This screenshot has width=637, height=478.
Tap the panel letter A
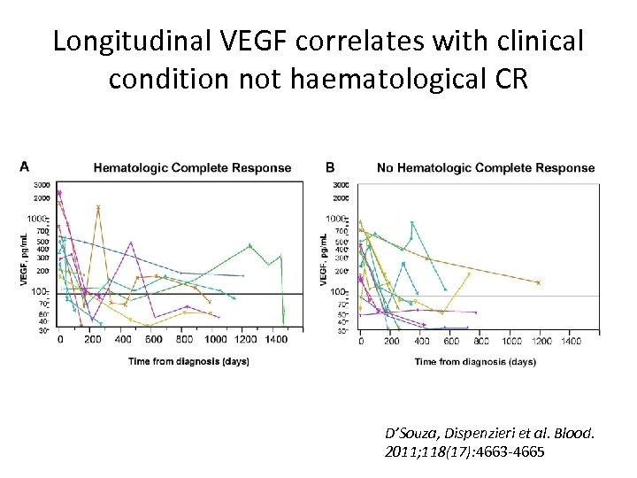[x=25, y=166]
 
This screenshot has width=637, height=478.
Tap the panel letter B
[x=330, y=166]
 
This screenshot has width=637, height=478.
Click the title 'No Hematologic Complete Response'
[x=486, y=167]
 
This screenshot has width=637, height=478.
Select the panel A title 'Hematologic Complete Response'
[x=192, y=167]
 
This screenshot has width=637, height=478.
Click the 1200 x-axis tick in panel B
[x=541, y=341]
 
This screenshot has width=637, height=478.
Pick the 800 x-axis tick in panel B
[x=481, y=341]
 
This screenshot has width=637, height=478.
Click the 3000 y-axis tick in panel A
[x=42, y=185]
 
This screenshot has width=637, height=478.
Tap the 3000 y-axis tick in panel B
[x=342, y=185]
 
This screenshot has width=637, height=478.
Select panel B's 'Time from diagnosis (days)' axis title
[x=474, y=361]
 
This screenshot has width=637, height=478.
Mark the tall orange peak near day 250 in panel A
[x=97, y=207]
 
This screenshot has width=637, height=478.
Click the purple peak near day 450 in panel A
[x=131, y=242]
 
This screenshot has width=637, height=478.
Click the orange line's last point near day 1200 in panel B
[x=538, y=282]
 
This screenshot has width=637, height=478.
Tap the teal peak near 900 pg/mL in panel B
[x=411, y=222]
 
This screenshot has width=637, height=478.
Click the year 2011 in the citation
[x=401, y=451]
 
